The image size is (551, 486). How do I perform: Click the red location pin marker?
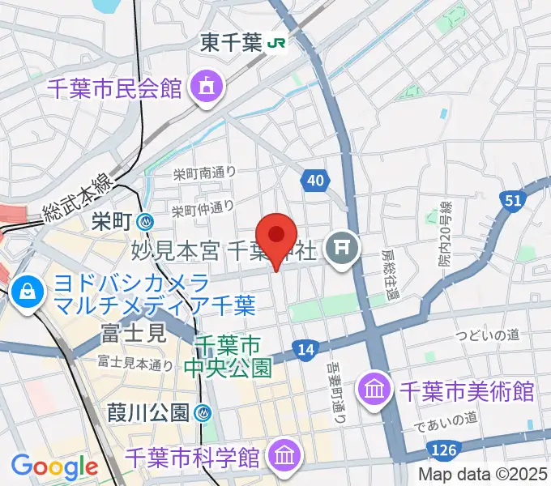[277, 237]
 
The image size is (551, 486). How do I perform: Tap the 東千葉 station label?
[229, 42]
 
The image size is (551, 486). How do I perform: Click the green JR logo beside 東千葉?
[276, 43]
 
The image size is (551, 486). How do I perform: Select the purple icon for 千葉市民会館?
[205, 86]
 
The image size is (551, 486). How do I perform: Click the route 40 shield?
[314, 180]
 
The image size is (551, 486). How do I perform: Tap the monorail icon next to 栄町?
[147, 220]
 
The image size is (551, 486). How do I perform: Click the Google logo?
[54, 467]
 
